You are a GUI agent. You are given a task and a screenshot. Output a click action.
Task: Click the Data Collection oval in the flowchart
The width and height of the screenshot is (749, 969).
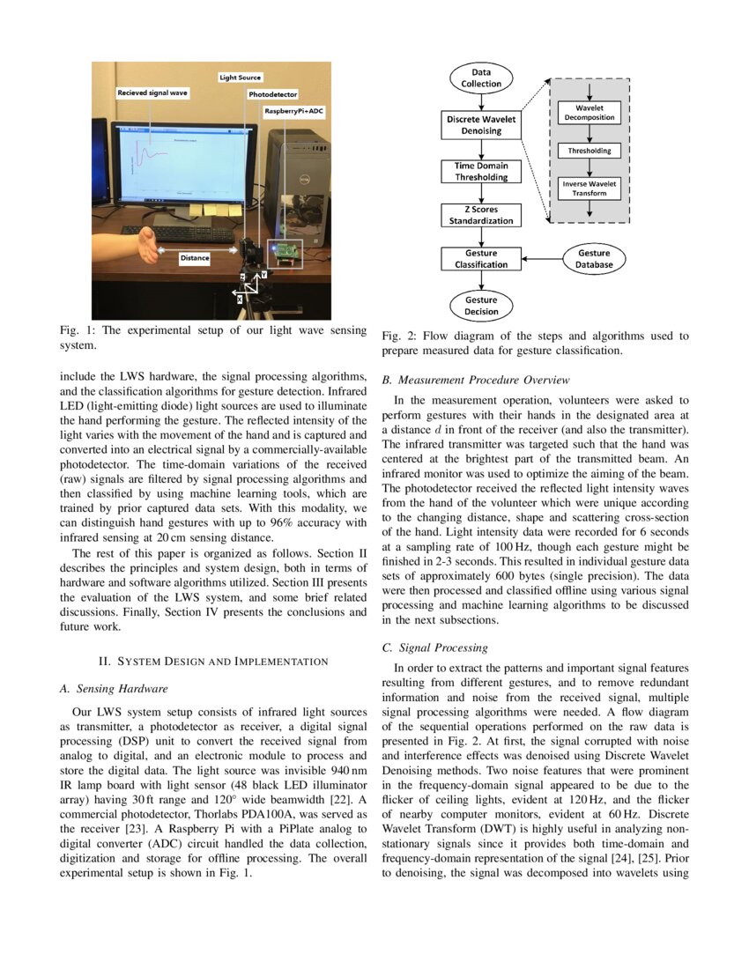coord(481,78)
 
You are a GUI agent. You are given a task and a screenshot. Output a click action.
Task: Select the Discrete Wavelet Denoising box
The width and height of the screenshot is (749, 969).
coord(481,124)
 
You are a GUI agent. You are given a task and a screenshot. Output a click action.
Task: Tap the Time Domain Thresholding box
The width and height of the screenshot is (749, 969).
coord(481,171)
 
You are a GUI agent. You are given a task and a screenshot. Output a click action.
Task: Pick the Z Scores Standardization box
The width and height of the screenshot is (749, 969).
coord(481,215)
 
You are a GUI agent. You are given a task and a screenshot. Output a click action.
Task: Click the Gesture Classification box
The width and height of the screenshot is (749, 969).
coord(481,258)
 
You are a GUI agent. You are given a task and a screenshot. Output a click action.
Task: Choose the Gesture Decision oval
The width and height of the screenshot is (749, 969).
coord(481,305)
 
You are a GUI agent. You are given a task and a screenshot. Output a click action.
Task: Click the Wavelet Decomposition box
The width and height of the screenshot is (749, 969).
coord(589,112)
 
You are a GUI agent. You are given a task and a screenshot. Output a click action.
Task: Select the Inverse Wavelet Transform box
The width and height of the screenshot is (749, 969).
coord(589,188)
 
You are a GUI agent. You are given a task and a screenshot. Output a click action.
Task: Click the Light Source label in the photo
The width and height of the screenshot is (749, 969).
coord(240,78)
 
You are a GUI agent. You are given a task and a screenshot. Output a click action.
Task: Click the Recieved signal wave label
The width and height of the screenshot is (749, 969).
coord(152,92)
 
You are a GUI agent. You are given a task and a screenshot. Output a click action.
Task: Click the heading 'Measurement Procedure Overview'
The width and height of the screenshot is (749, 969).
coord(476,380)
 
